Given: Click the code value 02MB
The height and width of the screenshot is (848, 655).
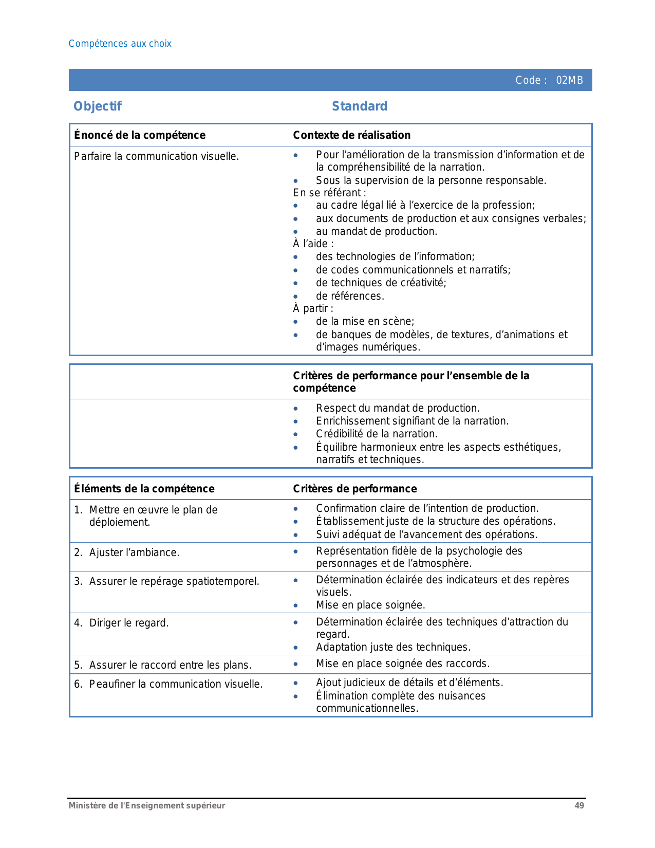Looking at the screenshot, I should [x=569, y=80].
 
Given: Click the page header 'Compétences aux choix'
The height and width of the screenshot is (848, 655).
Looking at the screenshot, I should [x=120, y=44].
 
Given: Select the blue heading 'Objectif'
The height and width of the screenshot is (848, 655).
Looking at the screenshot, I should [x=98, y=106].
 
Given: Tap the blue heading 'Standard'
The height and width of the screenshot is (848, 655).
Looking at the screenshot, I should [x=359, y=106].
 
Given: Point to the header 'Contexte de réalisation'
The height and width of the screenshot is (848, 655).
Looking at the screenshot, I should [x=351, y=135].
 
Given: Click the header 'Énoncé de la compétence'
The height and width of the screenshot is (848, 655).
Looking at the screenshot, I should [x=140, y=135].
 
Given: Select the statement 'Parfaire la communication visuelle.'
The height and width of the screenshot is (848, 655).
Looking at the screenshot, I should [x=156, y=156].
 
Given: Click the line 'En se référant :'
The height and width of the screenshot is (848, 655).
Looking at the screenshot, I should [x=329, y=193].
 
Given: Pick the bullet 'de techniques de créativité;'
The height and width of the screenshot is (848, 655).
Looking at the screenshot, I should [x=381, y=283].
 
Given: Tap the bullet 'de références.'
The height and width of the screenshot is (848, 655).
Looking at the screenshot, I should [x=350, y=296].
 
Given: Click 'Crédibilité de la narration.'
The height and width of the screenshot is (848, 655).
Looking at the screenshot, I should [x=377, y=434].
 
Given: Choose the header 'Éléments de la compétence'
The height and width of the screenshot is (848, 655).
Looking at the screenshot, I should [x=144, y=489].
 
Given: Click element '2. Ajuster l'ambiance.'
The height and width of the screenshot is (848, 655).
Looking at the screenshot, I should [x=126, y=552].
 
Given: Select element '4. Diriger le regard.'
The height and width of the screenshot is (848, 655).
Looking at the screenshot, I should [x=121, y=623].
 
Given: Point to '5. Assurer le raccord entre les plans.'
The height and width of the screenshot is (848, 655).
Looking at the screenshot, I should [x=162, y=665].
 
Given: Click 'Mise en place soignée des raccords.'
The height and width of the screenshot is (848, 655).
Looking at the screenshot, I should [x=403, y=663].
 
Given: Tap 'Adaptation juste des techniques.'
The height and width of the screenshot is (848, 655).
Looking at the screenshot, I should [x=393, y=647].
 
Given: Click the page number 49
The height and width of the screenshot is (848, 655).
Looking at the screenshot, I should [x=579, y=805].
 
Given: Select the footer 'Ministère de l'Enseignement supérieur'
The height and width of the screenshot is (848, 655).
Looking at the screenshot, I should [x=147, y=805].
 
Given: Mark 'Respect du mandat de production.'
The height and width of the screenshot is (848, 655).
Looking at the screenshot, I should [x=398, y=408].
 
